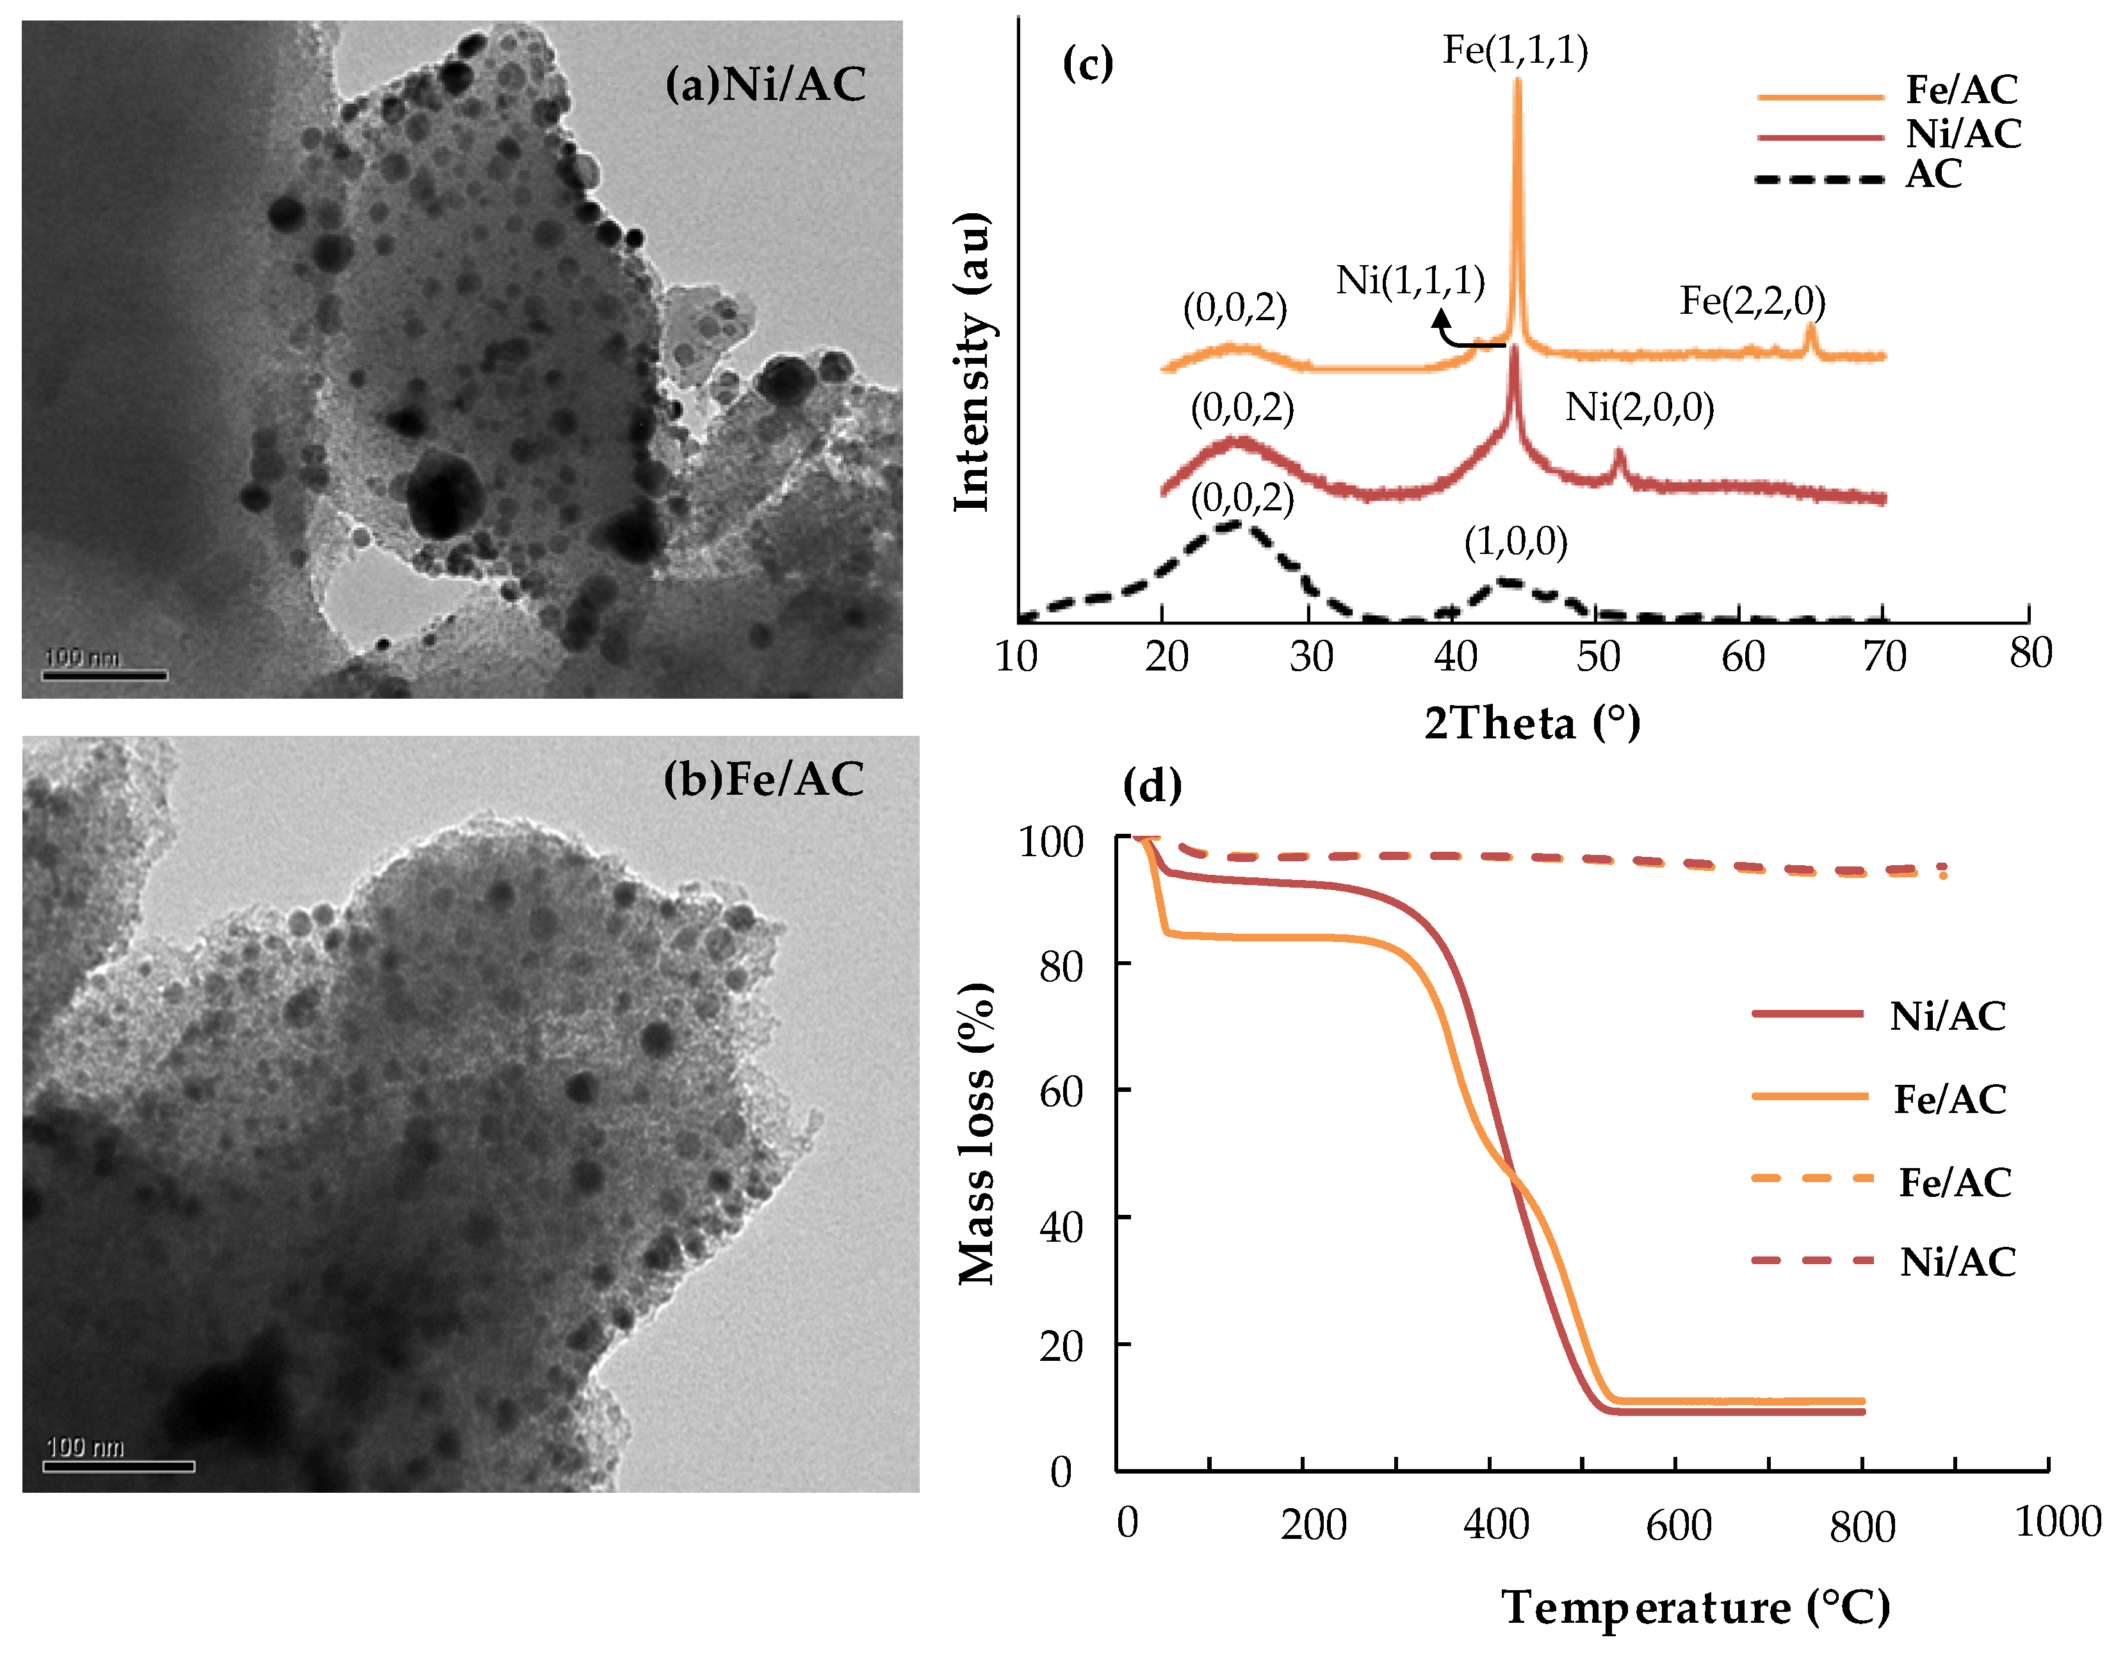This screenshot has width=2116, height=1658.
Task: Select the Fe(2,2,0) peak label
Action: [1752, 301]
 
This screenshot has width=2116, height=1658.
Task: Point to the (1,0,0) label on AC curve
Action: [1515, 542]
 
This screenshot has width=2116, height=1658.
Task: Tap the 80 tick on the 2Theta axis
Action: [2030, 653]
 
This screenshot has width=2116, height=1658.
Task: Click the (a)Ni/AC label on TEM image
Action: [765, 85]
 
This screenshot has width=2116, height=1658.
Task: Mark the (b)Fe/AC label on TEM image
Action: [764, 779]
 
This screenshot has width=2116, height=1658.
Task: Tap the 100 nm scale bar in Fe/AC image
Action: [118, 1465]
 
